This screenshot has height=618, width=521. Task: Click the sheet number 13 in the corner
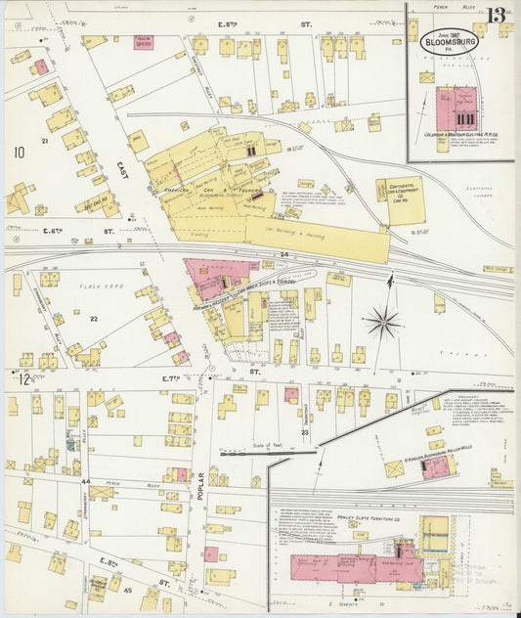pyautogui.click(x=498, y=14)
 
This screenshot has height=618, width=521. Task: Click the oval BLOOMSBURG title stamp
pyautogui.click(x=449, y=43)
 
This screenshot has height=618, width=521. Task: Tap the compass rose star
pyautogui.click(x=384, y=320)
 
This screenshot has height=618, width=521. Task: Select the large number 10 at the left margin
pyautogui.click(x=19, y=152)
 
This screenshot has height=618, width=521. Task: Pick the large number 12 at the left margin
pyautogui.click(x=23, y=379)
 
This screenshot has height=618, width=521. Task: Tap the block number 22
pyautogui.click(x=94, y=319)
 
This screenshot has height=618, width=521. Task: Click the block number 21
pyautogui.click(x=44, y=142)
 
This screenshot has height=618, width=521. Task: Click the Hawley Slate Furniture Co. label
pyautogui.click(x=387, y=520)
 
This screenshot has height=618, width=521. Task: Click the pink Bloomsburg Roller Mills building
pyautogui.click(x=435, y=466)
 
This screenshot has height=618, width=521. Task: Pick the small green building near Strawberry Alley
pyautogui.click(x=70, y=444)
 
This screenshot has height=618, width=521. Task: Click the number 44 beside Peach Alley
pyautogui.click(x=86, y=482)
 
